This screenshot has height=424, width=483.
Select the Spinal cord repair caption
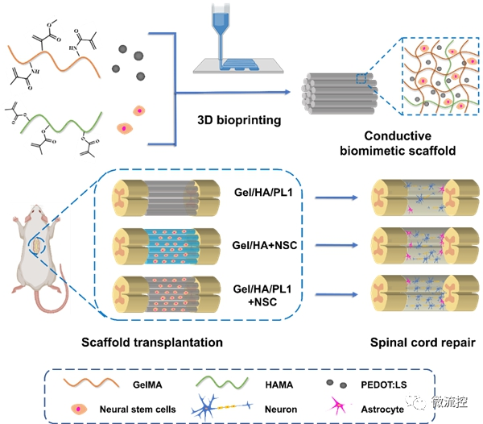tap(423, 343)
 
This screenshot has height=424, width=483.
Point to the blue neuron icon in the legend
tap(221, 408)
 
